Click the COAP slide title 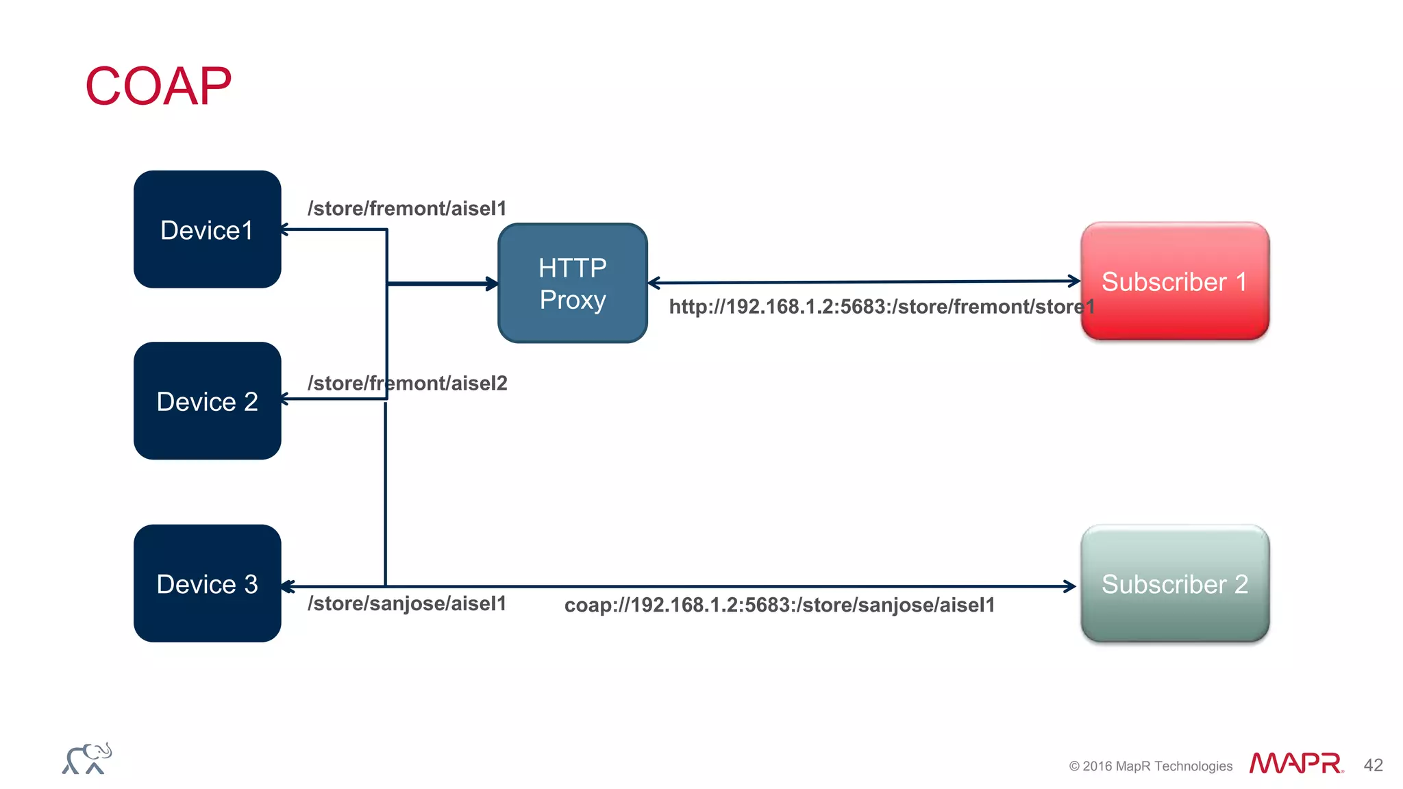tap(158, 87)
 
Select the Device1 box tap(207, 229)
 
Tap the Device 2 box tap(207, 401)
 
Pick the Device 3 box tap(207, 584)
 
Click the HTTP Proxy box tap(573, 283)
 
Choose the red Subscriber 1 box tap(1174, 281)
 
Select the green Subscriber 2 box tap(1174, 584)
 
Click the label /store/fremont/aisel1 tap(407, 208)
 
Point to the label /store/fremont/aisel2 tap(407, 383)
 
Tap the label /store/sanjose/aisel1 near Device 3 tap(407, 603)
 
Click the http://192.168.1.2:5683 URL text tap(881, 306)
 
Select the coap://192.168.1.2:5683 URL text tap(779, 605)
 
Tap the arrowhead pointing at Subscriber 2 tap(1069, 586)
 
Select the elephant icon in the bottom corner tap(87, 759)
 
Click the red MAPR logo tap(1295, 763)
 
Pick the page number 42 tap(1373, 765)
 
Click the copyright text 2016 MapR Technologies tap(1150, 766)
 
